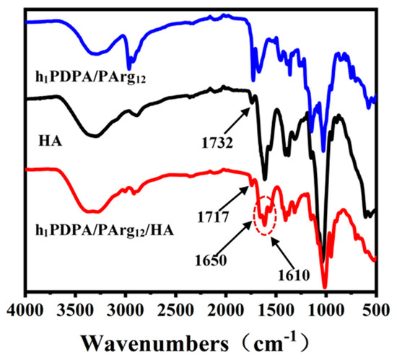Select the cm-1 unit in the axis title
pos(275,337)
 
